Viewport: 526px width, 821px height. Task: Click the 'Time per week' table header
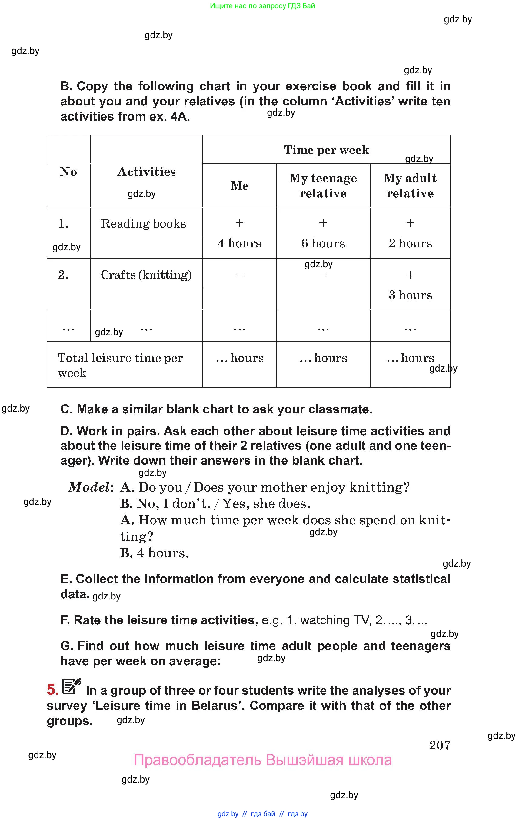(x=326, y=150)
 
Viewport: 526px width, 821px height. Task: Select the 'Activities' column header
(x=147, y=172)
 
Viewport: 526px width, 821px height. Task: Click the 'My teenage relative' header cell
(x=323, y=185)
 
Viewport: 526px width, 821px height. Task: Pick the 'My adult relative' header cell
(x=410, y=185)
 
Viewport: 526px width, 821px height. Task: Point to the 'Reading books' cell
(x=143, y=223)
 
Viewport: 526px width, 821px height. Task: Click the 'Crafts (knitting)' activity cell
(x=146, y=275)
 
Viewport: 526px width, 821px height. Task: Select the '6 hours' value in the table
(x=323, y=243)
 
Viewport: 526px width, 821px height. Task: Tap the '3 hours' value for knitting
(x=410, y=295)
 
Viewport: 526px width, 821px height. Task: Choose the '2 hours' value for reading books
(x=410, y=243)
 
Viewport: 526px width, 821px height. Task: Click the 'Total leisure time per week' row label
(x=120, y=365)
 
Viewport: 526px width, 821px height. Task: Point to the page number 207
(x=440, y=745)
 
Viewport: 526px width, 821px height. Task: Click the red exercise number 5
(x=53, y=690)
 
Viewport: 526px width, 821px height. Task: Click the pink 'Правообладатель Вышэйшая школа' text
(x=263, y=760)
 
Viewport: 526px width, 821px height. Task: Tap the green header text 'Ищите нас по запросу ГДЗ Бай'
(x=262, y=6)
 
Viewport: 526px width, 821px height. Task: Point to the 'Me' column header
(x=239, y=185)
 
